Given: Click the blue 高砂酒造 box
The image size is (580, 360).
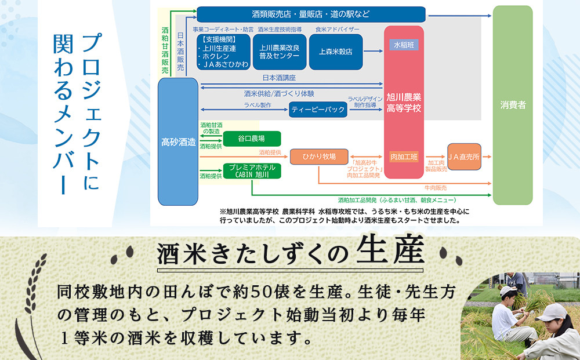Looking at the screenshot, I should pos(178,141).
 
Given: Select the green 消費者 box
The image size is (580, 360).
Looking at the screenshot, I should pos(513,105).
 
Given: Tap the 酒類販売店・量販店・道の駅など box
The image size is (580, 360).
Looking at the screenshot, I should pos(311,13).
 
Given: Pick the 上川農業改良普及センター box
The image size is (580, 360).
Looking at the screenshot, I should pos(280,51).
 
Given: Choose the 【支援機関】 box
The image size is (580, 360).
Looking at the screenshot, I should pos(223,51).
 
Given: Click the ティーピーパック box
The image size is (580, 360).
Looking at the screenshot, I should pos(318,110).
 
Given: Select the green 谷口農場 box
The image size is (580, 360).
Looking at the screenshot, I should pos(252,139).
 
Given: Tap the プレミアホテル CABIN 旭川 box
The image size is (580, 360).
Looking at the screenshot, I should pos(252,170).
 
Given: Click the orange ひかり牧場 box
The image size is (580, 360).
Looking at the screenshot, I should pos(318,156).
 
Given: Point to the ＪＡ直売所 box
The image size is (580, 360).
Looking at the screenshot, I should pos(464,157).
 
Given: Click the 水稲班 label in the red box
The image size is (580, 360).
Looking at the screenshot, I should pos(404,45).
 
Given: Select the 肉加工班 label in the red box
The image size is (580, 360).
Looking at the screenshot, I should pos(404,156).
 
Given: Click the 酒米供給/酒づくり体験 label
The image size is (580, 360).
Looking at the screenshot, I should pos(279,93).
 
